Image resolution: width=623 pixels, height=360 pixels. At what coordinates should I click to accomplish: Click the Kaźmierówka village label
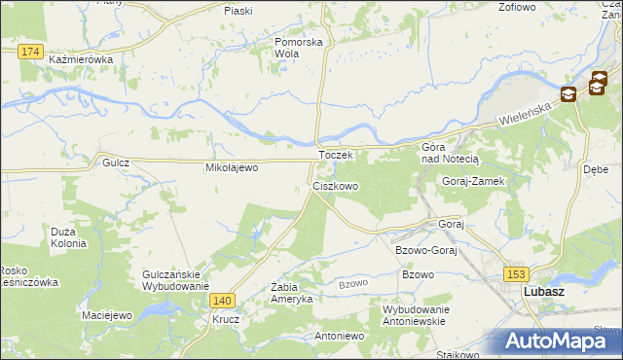click(x=81, y=59)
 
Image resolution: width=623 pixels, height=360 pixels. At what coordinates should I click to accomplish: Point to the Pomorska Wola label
click(x=298, y=48)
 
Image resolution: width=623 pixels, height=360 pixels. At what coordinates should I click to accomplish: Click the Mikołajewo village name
click(x=231, y=167)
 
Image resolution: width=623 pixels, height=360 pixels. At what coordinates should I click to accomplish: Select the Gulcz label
click(x=116, y=163)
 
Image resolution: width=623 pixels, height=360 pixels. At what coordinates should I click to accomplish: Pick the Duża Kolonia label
click(x=69, y=237)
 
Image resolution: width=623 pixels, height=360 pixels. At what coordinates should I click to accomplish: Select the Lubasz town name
click(x=545, y=291)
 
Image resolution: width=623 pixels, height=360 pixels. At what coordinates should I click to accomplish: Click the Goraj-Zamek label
click(x=471, y=182)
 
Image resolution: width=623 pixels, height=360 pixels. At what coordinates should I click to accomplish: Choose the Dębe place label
click(x=596, y=167)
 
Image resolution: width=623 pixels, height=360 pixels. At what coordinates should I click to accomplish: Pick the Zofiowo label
click(x=517, y=7)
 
